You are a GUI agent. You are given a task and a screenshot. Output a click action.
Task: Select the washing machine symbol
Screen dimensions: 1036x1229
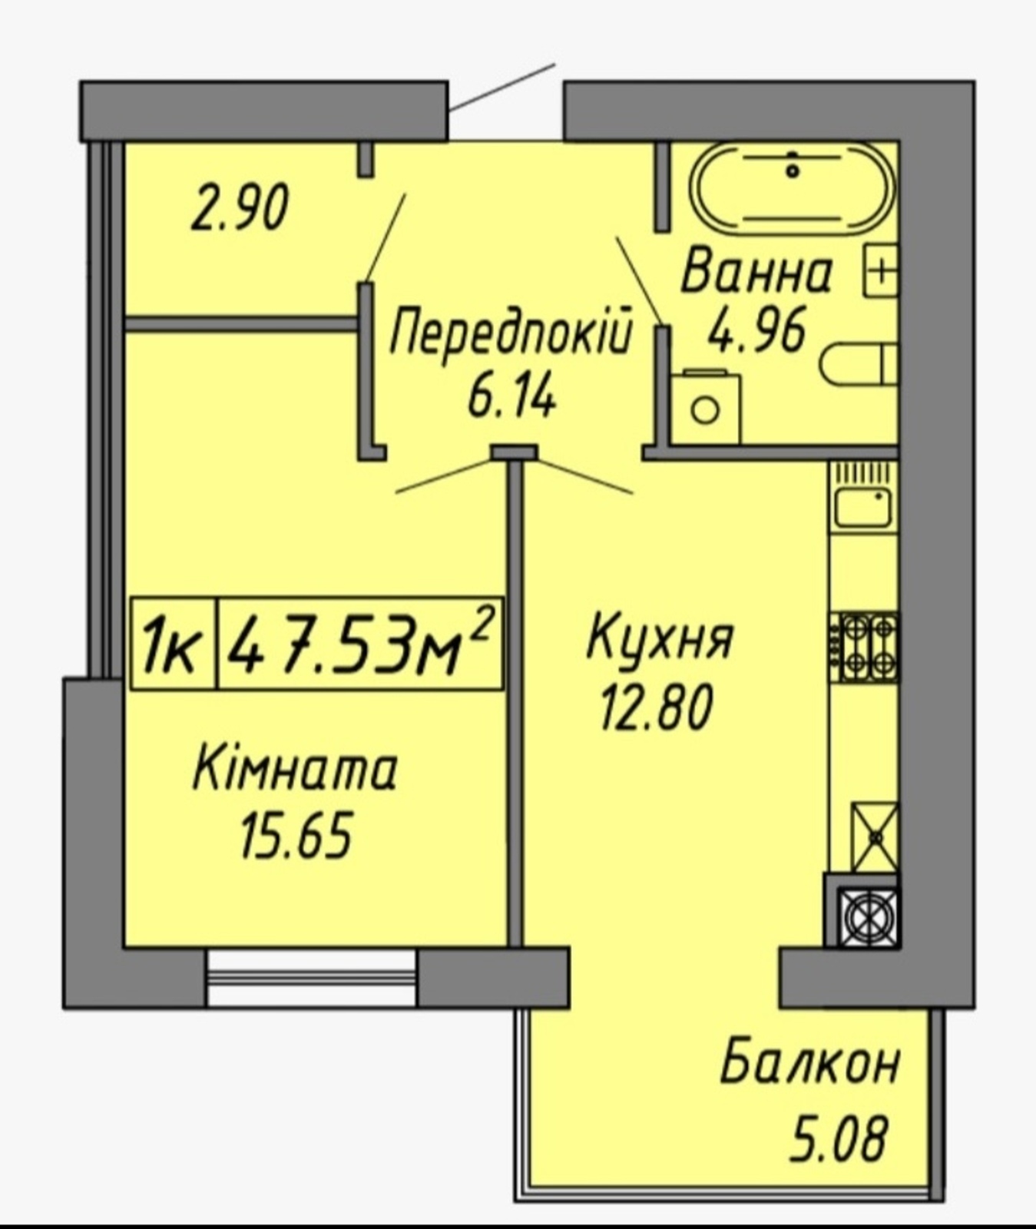(x=705, y=406)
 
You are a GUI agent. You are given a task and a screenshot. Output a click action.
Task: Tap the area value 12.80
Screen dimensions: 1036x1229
(x=657, y=707)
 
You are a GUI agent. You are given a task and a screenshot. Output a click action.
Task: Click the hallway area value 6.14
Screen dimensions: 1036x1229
(x=511, y=398)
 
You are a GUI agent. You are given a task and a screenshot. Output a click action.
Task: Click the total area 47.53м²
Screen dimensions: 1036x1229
(x=360, y=644)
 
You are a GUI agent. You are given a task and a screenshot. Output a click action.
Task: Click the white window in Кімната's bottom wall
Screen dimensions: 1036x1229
(x=311, y=977)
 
